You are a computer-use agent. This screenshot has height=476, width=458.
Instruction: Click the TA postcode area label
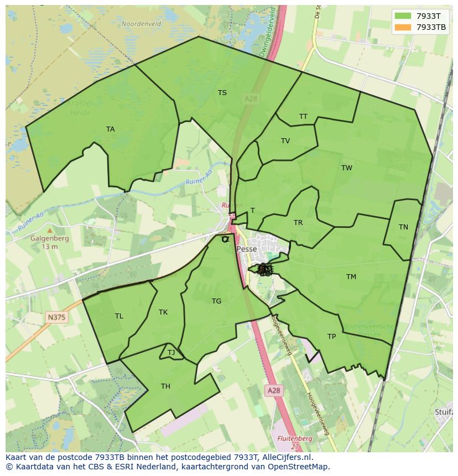tap(111, 129)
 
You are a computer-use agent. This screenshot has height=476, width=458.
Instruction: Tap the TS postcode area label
tap(222, 93)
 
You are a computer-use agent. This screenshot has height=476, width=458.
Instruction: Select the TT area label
tap(303, 117)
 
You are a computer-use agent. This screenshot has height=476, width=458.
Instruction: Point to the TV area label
tap(285, 141)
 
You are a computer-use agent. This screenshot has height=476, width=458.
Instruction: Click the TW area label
tap(347, 168)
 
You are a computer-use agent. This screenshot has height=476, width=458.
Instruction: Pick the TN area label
tap(403, 227)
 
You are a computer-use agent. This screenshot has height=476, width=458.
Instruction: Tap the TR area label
tap(298, 223)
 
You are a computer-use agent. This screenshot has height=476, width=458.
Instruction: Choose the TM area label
tap(351, 277)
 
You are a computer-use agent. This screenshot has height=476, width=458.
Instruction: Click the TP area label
tap(331, 337)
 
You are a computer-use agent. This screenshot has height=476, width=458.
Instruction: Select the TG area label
tap(216, 301)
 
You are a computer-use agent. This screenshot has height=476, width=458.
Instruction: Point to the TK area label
tap(163, 312)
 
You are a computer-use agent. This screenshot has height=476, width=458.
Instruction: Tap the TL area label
tap(119, 316)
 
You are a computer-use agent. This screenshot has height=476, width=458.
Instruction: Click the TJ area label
tap(171, 353)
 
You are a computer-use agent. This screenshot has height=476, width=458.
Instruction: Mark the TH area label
tap(165, 386)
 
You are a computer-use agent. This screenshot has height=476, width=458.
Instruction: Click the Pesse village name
tap(247, 249)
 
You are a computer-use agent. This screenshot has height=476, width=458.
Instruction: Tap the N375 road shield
tap(56, 317)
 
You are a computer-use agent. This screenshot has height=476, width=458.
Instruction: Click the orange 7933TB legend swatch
tap(403, 27)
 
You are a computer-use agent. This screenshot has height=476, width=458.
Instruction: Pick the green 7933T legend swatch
tap(403, 16)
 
